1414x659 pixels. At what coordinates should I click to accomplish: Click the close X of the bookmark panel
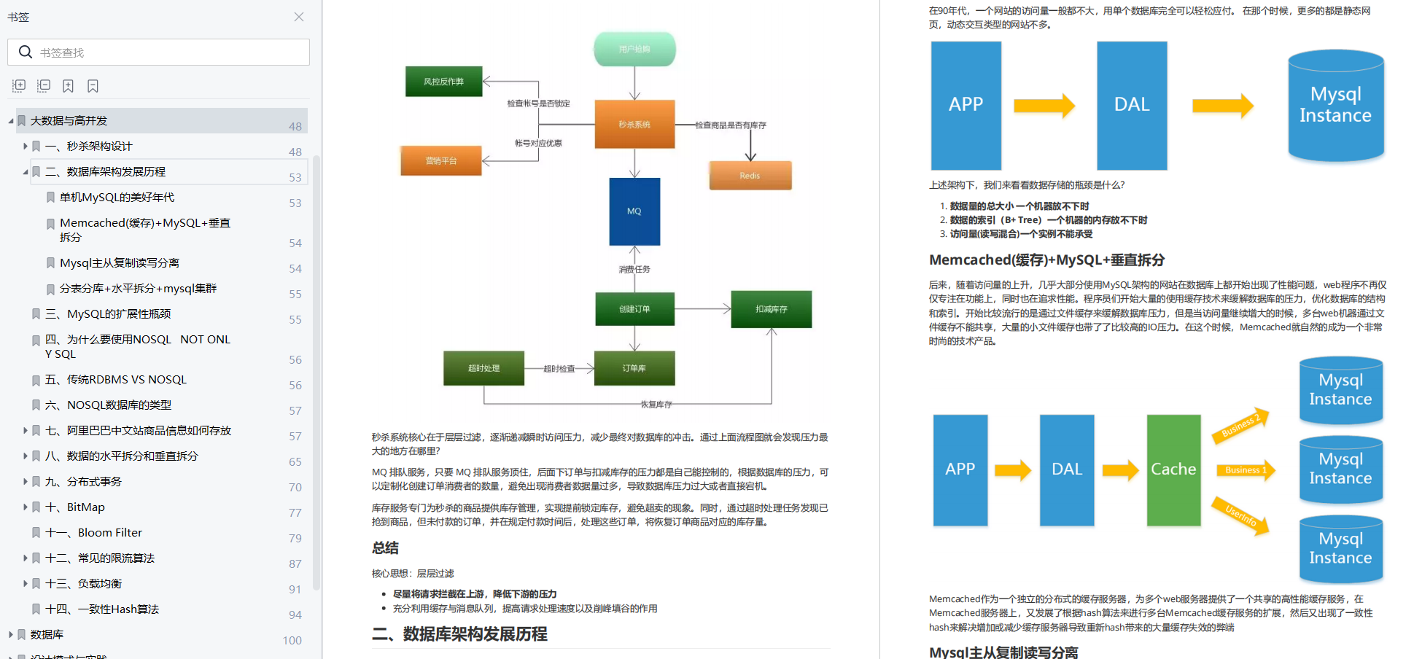pyautogui.click(x=299, y=17)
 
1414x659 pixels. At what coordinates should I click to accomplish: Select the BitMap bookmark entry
pyautogui.click(x=85, y=507)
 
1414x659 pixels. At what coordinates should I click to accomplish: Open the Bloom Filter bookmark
pyautogui.click(x=109, y=533)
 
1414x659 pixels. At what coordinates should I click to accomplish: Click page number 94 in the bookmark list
pyautogui.click(x=295, y=615)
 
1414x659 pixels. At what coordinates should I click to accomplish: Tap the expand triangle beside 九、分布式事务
pyautogui.click(x=26, y=482)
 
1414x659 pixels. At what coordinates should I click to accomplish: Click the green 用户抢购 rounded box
pyautogui.click(x=634, y=50)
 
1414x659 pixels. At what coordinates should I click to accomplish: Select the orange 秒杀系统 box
pyautogui.click(x=634, y=125)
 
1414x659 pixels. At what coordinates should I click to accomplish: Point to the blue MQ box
pyautogui.click(x=634, y=211)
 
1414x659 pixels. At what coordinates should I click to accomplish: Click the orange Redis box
pyautogui.click(x=750, y=176)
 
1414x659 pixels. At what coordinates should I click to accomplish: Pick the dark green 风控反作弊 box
pyautogui.click(x=443, y=82)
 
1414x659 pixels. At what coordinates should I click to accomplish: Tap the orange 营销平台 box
pyautogui.click(x=440, y=161)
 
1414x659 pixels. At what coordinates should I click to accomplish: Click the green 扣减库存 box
pyautogui.click(x=771, y=309)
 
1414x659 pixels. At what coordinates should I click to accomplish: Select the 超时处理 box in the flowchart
pyautogui.click(x=483, y=368)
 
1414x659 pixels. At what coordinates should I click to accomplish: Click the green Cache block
pyautogui.click(x=1173, y=470)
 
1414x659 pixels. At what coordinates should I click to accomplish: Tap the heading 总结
pyautogui.click(x=385, y=548)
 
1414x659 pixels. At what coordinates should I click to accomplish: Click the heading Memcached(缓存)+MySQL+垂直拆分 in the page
pyautogui.click(x=1046, y=260)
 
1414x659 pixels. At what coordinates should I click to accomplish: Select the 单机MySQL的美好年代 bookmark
pyautogui.click(x=117, y=198)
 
